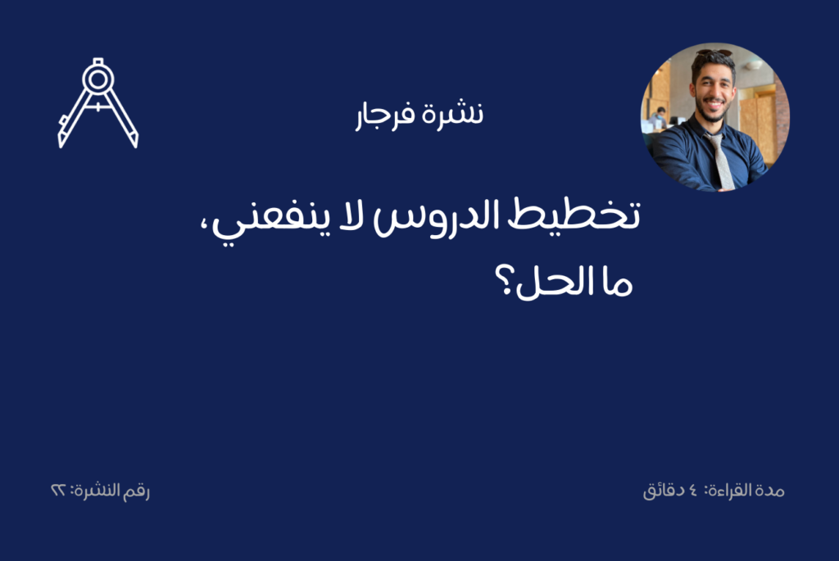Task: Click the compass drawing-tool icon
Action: pyautogui.click(x=98, y=102)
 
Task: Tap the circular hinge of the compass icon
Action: pyautogui.click(x=98, y=79)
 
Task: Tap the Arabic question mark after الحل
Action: pyautogui.click(x=504, y=280)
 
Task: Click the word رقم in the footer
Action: pyautogui.click(x=136, y=491)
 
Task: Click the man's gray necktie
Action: pyautogui.click(x=720, y=161)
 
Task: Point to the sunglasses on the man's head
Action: pyautogui.click(x=714, y=53)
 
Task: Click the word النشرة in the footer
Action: pyautogui.click(x=96, y=490)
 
